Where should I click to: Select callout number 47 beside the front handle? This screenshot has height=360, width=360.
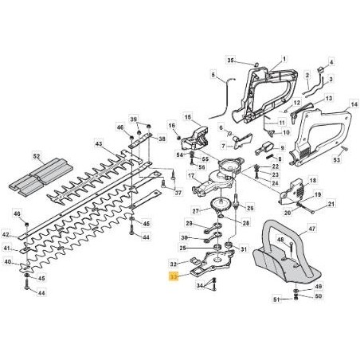311,229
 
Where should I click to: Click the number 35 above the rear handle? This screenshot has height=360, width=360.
231,61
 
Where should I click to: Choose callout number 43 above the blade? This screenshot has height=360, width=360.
99,144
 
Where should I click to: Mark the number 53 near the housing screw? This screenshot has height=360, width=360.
336,160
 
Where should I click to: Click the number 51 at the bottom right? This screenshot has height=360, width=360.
276,301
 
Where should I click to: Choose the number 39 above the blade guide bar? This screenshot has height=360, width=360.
134,117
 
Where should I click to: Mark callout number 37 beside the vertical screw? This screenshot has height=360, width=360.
178,192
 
